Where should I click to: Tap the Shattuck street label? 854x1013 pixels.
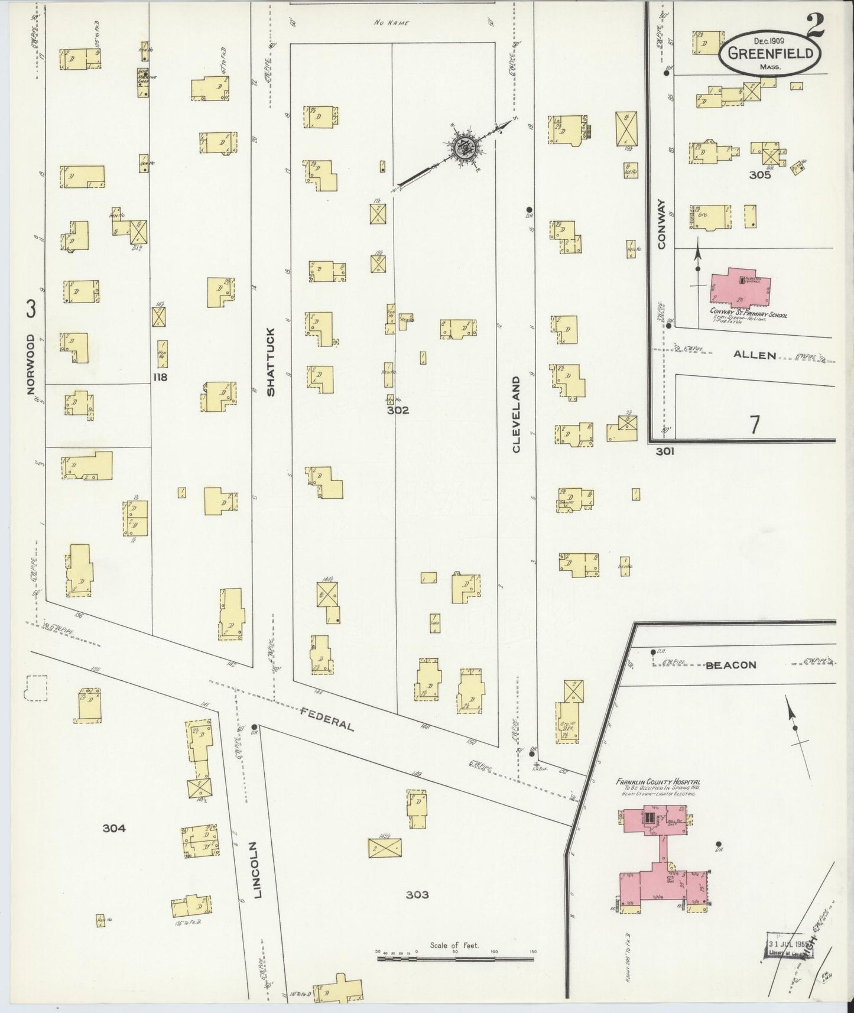271,361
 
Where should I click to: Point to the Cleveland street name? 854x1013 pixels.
516,414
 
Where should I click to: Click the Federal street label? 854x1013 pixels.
327,718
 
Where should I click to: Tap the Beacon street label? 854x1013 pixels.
730,665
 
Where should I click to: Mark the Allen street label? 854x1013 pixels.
755,355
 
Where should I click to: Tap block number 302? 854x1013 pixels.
398,410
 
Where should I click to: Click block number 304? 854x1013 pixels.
114,828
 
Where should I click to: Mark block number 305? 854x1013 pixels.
759,175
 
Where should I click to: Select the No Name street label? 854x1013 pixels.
391,23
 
